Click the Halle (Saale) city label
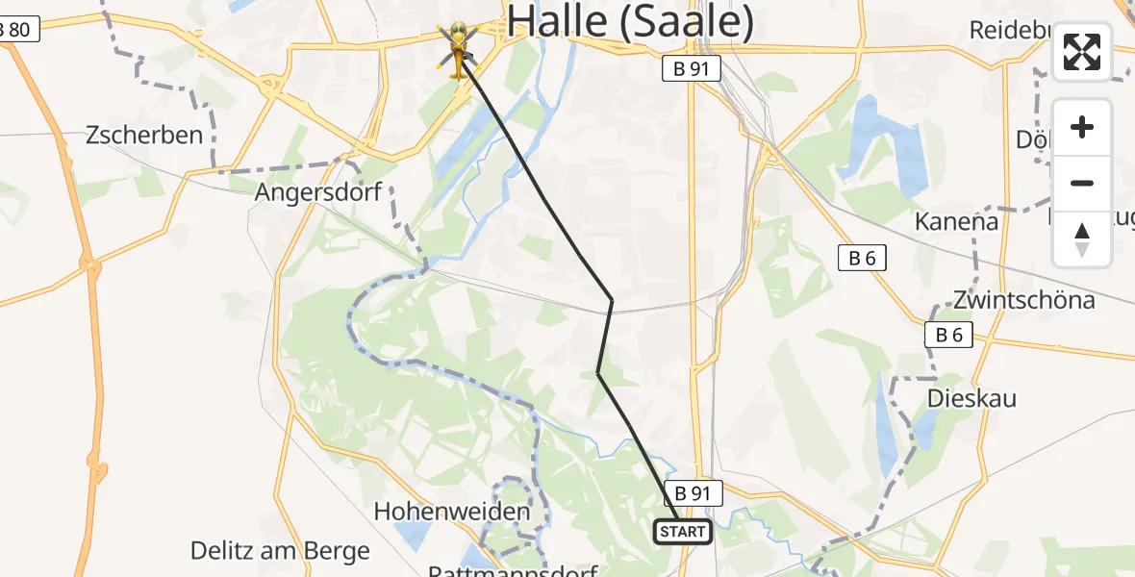[629, 21]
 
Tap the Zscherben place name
[144, 135]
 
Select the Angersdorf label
[318, 192]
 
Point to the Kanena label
[956, 221]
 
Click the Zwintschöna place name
[1023, 300]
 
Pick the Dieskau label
[971, 398]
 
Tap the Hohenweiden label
[452, 512]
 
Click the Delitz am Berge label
[280, 551]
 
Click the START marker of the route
[683, 532]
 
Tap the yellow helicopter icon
[459, 50]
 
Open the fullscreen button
[1082, 52]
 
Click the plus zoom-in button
[1082, 128]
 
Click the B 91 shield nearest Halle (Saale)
[692, 68]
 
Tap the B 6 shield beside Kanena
[862, 258]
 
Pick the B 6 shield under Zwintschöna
[948, 335]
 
